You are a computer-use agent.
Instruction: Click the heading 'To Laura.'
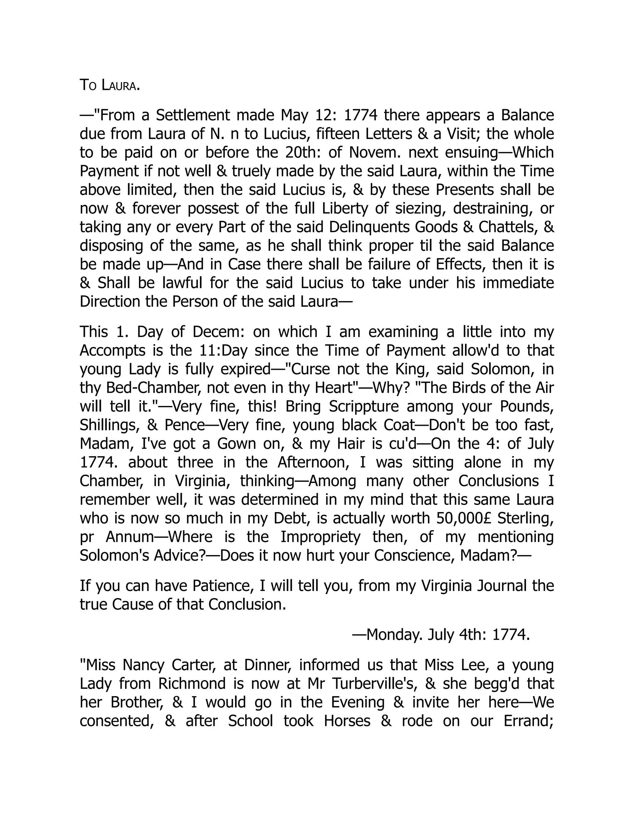tap(110, 86)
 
